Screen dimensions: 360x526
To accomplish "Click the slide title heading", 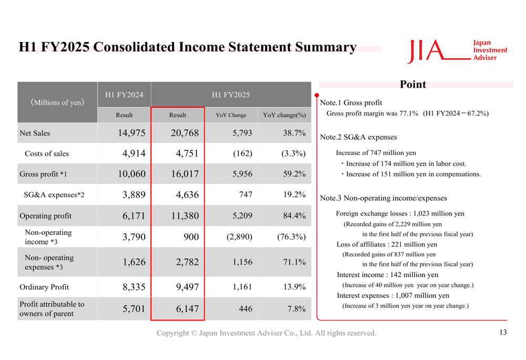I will [x=188, y=47].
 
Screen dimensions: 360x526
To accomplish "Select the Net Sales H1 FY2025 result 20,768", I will [x=185, y=133].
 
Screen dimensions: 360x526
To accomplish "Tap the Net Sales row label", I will [x=35, y=133].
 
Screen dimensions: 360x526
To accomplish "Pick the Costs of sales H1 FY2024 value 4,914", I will [x=134, y=153].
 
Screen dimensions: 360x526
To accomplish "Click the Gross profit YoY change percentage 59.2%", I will [x=295, y=174].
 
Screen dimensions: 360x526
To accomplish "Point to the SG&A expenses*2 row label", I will [x=54, y=195].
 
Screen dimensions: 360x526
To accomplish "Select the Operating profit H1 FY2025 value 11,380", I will [x=185, y=215].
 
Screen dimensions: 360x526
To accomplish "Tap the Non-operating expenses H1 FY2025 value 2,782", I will [x=187, y=262].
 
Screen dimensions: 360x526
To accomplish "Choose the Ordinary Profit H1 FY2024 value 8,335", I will [x=134, y=287].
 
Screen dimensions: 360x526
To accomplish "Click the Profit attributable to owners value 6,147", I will [x=187, y=309].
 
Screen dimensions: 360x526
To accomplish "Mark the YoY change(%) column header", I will [x=284, y=115].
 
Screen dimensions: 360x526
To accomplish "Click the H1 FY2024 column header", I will [x=124, y=95].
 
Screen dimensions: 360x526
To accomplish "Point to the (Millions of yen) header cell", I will [x=57, y=102].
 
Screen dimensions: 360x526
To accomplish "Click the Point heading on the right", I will [x=413, y=85].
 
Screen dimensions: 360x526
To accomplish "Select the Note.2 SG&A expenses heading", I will [x=358, y=137].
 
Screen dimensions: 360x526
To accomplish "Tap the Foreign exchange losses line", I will [x=400, y=214].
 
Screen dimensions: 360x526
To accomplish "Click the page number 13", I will [x=503, y=332].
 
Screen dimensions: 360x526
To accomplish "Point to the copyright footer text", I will [x=266, y=333].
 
